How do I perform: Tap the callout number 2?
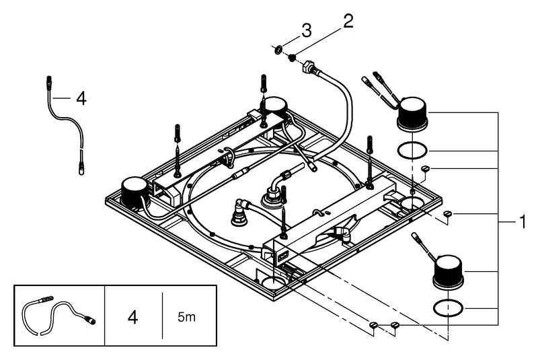click(x=348, y=21)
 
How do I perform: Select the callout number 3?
click(x=305, y=30)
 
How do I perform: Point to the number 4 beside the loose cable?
click(x=80, y=99)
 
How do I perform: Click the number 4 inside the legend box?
click(x=132, y=316)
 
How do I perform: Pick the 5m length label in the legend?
click(x=188, y=316)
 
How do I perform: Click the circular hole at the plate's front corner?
click(x=273, y=283)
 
